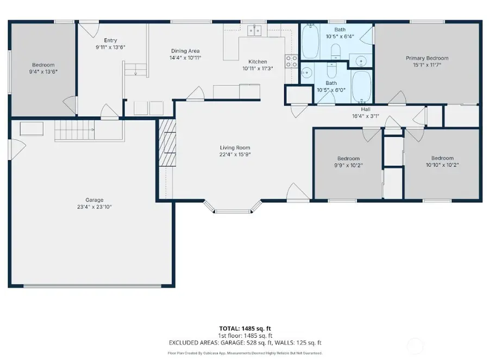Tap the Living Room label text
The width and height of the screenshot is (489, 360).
[x=235, y=147]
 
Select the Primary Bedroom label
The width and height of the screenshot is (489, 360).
[x=427, y=58]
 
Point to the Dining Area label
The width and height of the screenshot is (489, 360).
[x=185, y=51]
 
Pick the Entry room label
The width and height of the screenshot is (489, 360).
[x=110, y=40]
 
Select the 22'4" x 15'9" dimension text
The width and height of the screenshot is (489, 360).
[x=235, y=154]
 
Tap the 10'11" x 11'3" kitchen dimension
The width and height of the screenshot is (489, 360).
[x=258, y=69]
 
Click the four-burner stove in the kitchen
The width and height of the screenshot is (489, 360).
[x=291, y=61]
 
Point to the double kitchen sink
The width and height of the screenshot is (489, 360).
[x=253, y=30]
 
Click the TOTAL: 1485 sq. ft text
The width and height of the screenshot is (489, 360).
[x=244, y=329]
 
